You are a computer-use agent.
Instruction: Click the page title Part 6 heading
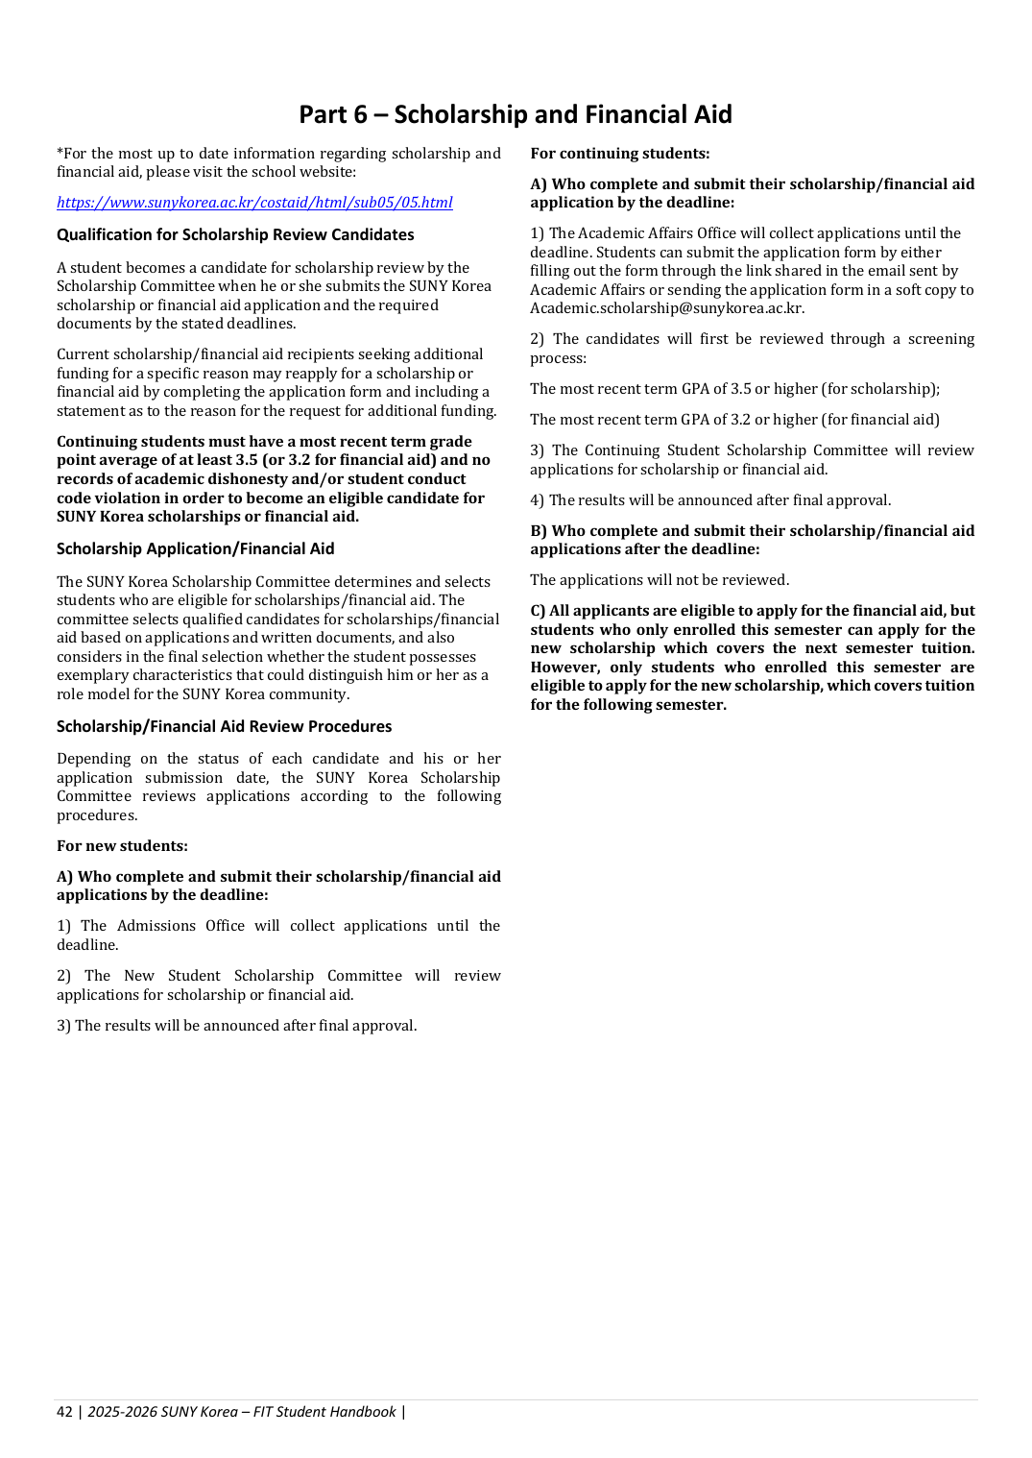[x=515, y=114]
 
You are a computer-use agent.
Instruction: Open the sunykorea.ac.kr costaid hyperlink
[x=254, y=203]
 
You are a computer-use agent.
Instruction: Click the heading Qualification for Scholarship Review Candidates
[x=235, y=235]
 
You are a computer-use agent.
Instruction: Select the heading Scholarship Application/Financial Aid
[x=195, y=549]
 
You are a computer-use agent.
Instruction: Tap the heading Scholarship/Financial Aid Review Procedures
[x=224, y=727]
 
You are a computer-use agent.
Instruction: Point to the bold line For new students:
[x=122, y=846]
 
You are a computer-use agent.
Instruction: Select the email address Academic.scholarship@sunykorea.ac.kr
[x=666, y=309]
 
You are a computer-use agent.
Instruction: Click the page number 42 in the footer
[x=64, y=1412]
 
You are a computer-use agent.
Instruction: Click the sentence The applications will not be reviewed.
[x=660, y=580]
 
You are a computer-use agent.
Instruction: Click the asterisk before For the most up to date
[x=60, y=153]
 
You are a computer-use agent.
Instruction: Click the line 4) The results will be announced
[x=710, y=500]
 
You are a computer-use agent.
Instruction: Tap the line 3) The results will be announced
[x=236, y=1026]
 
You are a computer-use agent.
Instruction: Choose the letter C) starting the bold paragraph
[x=538, y=611]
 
